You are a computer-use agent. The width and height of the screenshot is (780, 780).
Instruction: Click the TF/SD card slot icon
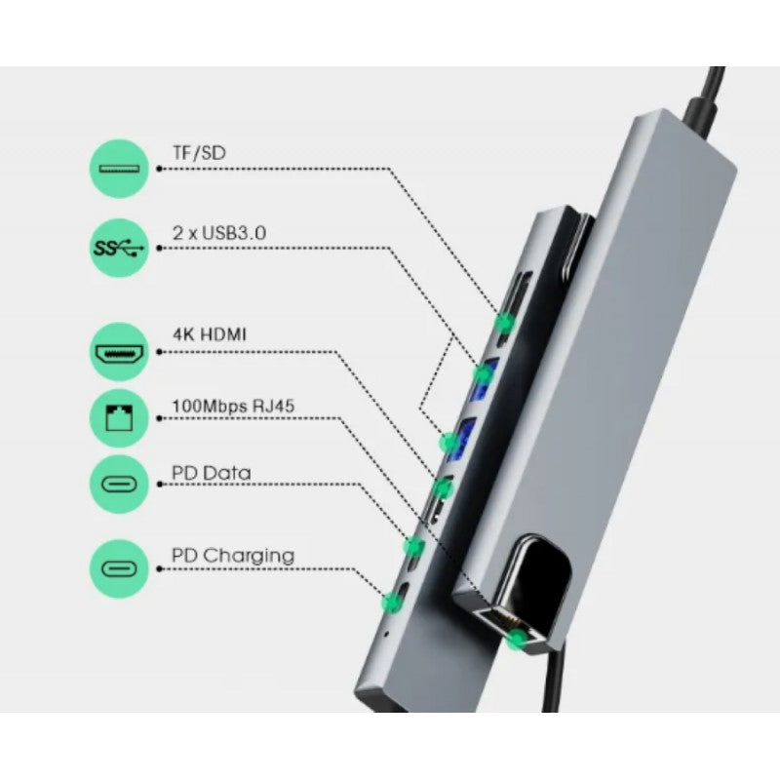pos(120,169)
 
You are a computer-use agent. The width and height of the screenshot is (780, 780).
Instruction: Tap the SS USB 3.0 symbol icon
pos(120,248)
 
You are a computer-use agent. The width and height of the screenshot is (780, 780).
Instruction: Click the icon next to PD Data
pos(120,485)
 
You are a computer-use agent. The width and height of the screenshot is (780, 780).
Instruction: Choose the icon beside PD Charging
pos(120,566)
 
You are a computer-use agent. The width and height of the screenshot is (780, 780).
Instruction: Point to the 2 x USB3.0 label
pos(219,233)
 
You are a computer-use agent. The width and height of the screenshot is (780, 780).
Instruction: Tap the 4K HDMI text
pos(210,334)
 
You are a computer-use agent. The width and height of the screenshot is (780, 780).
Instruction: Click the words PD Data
pos(211,473)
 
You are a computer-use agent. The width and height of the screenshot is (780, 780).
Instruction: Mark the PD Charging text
pos(233,556)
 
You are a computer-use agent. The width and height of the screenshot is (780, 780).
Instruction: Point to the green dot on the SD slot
pos(507,322)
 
